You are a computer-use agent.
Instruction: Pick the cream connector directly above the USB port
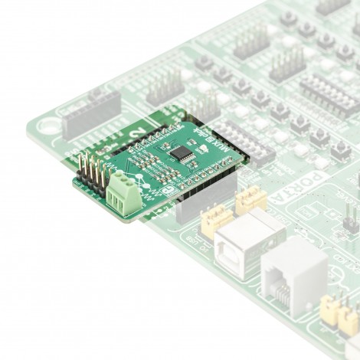[250, 201]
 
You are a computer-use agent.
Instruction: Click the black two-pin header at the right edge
[349, 222]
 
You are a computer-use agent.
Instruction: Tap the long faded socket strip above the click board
[92, 110]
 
